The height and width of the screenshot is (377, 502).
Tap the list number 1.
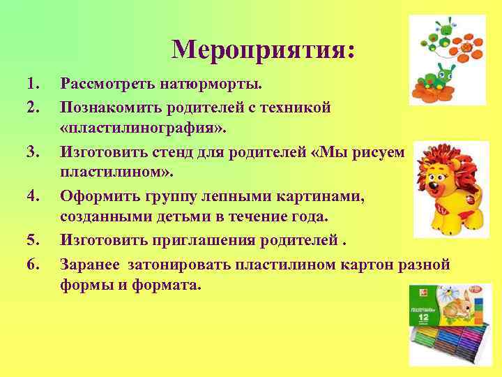tap(31, 85)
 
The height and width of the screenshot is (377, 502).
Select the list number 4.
tap(31, 198)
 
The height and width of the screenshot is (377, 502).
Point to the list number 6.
tap(31, 265)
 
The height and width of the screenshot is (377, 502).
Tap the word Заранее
tap(89, 265)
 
